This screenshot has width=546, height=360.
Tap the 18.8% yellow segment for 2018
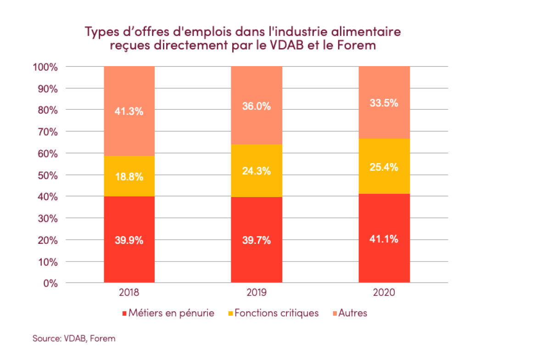(129, 176)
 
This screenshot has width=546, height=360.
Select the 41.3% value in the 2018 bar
(129, 110)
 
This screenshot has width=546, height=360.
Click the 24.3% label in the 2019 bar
(256, 171)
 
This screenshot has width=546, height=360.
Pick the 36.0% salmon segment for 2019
(256, 107)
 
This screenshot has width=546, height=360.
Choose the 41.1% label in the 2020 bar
(384, 239)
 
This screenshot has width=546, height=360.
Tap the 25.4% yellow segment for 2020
(384, 167)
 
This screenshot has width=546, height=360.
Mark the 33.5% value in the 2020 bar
(384, 103)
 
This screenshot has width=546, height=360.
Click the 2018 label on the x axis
(129, 292)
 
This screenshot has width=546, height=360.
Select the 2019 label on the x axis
(256, 292)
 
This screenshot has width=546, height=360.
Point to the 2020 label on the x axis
(384, 292)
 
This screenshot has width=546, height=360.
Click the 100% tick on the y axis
(45, 67)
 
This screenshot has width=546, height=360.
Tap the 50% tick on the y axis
(47, 175)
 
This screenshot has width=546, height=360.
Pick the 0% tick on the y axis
(51, 283)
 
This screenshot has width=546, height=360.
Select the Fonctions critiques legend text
(276, 313)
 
